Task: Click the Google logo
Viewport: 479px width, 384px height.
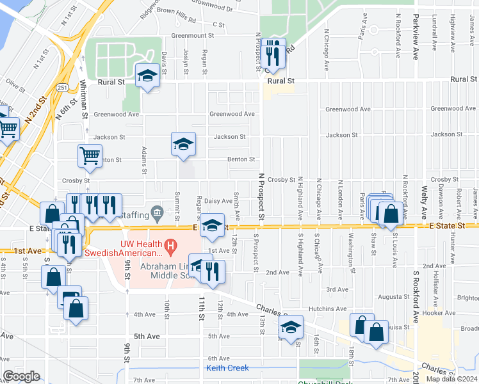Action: (x=21, y=376)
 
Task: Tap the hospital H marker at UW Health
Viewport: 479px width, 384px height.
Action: (x=170, y=244)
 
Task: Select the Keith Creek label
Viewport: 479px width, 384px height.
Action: (x=227, y=368)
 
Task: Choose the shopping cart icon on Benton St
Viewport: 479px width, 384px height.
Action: (x=90, y=155)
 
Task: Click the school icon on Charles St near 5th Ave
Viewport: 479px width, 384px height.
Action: (x=291, y=326)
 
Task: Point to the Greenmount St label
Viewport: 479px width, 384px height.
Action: (x=192, y=36)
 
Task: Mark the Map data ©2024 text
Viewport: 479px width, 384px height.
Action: (x=451, y=379)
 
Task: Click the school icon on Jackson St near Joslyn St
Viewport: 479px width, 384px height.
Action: (x=183, y=143)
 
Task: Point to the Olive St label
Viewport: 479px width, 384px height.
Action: (x=14, y=82)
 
